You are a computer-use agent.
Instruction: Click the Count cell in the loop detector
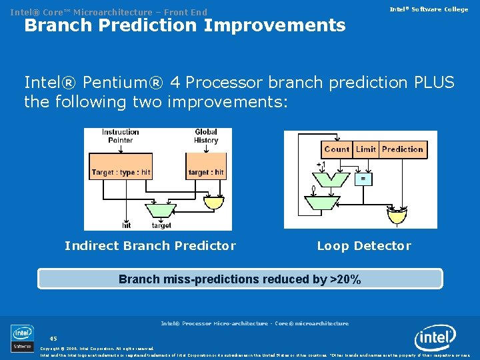[337, 149]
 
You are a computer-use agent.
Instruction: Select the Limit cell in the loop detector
[366, 149]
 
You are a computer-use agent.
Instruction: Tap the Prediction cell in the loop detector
[403, 149]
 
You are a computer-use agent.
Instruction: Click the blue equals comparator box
[363, 179]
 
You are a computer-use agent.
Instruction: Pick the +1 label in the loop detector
[321, 164]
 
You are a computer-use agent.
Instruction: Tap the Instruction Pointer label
[121, 136]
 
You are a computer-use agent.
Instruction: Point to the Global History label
[206, 136]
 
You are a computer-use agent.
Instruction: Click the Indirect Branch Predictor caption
[150, 246]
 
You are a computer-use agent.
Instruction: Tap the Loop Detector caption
[364, 246]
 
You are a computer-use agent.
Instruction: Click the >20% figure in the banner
[345, 279]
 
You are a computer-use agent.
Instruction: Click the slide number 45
[53, 338]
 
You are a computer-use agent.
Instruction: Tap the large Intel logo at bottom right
[435, 339]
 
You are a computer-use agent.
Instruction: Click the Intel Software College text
[429, 9]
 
